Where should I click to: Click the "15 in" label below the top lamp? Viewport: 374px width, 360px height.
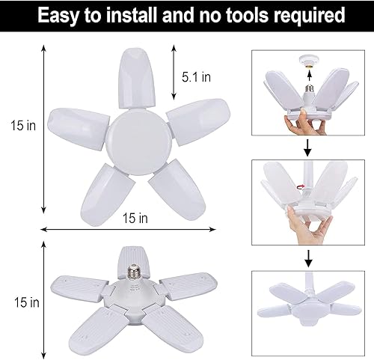click(x=135, y=218)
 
